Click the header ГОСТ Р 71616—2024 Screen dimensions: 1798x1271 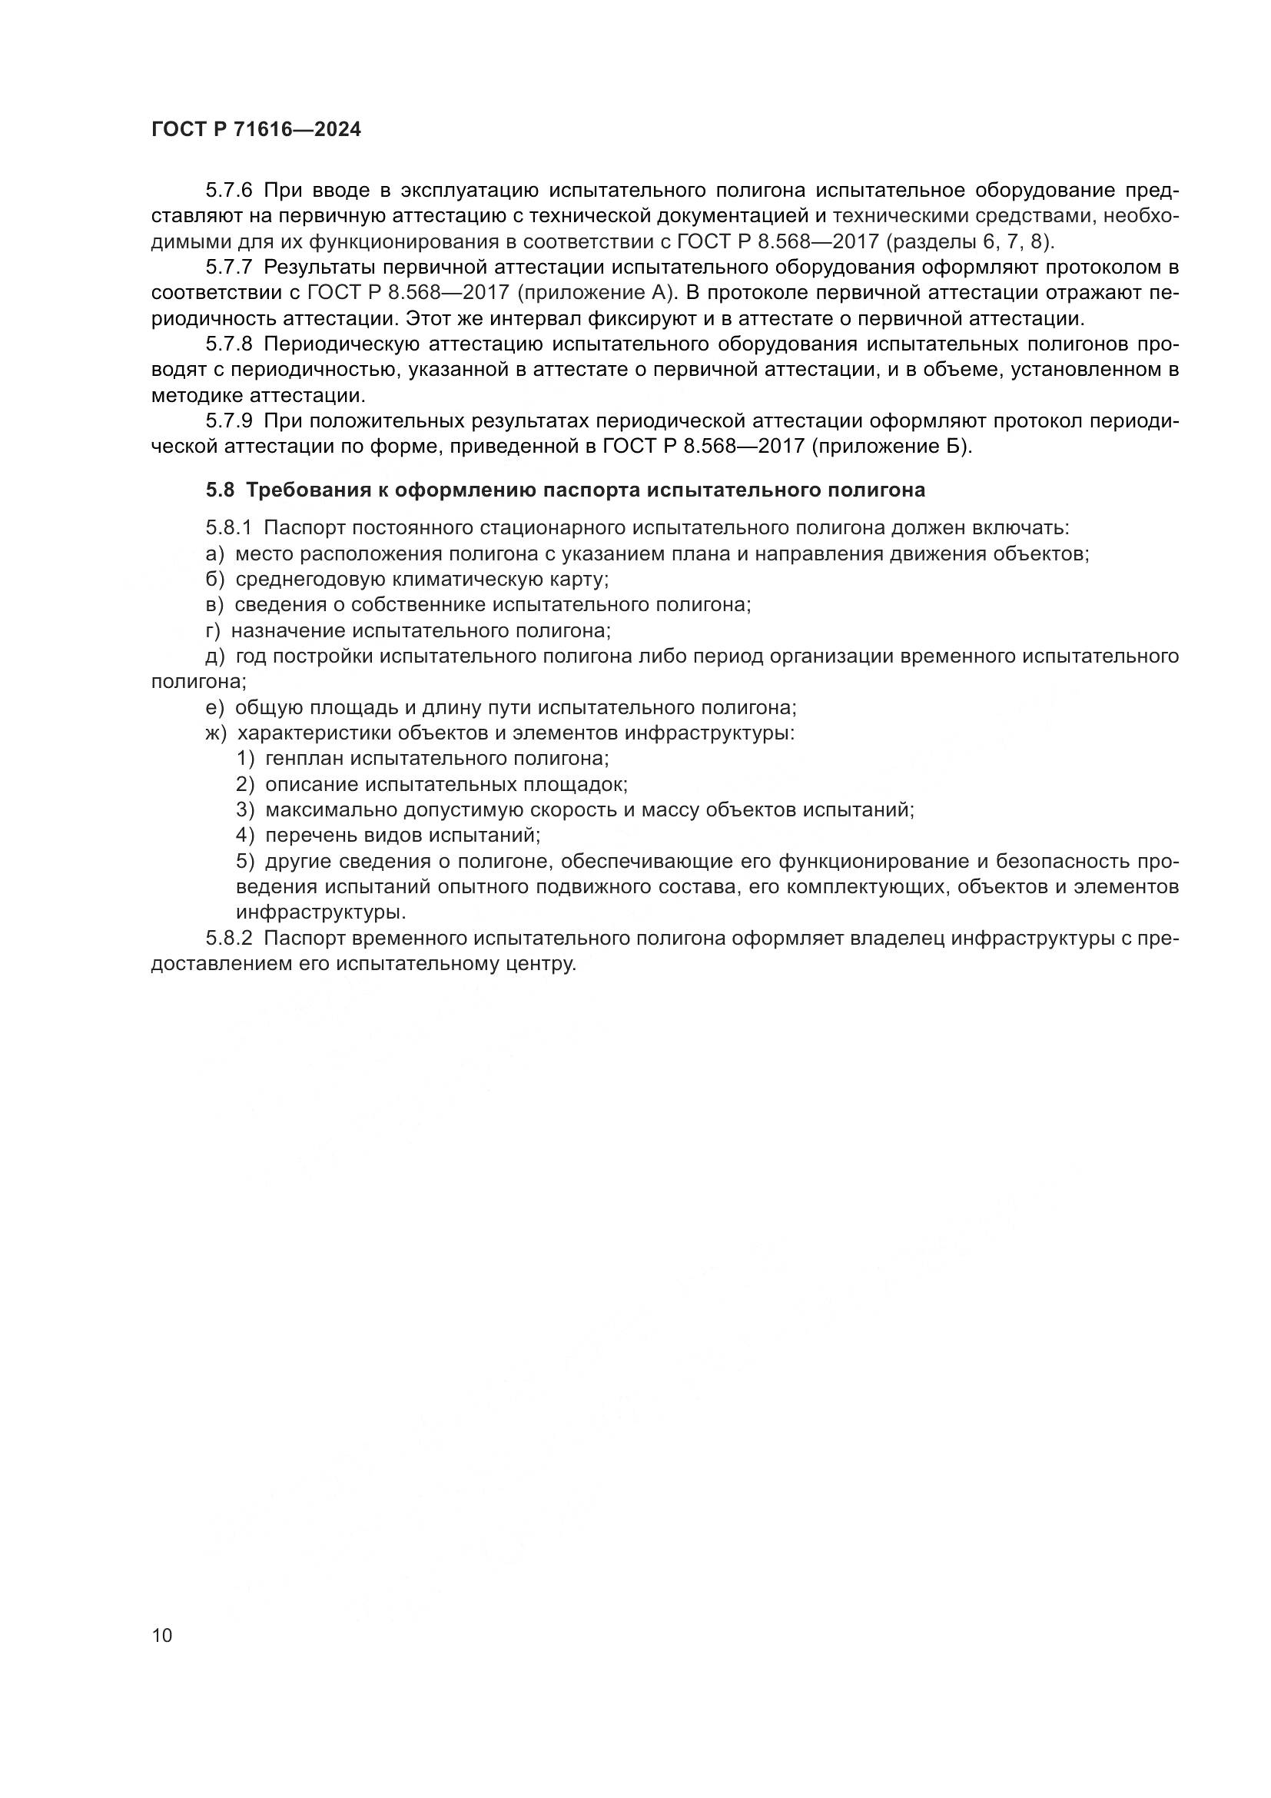tap(256, 130)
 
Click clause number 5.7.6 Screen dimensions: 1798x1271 tap(228, 191)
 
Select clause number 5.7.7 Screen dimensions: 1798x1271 tap(228, 267)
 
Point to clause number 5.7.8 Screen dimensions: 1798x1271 tap(228, 344)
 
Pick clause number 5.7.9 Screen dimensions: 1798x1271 tap(228, 421)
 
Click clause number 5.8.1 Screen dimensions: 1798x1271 tap(228, 528)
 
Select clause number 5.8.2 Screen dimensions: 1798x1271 tap(228, 938)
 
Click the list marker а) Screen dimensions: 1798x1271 tap(214, 553)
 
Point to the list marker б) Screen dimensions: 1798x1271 tap(214, 580)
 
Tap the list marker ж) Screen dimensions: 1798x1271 tap(216, 733)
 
